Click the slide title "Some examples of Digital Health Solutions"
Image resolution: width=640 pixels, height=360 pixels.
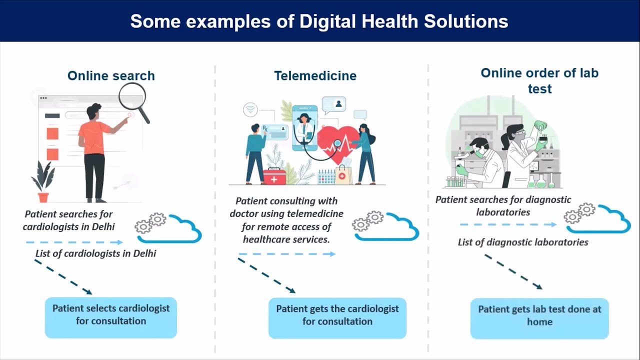click(319, 21)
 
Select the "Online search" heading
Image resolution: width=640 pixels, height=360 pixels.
click(111, 76)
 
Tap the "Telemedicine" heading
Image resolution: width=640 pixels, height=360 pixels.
click(315, 76)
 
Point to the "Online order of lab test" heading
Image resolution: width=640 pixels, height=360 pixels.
click(539, 80)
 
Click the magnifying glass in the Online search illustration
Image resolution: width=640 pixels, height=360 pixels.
click(133, 97)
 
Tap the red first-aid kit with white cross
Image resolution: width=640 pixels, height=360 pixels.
click(274, 176)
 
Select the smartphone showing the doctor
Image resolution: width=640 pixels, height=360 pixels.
click(304, 127)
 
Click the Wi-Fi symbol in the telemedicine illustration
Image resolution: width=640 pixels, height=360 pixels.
click(250, 109)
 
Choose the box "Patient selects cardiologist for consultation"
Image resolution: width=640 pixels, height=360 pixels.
click(111, 317)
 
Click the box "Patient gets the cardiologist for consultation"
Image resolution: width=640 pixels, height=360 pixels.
click(337, 317)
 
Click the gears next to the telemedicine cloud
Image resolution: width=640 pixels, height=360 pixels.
click(367, 221)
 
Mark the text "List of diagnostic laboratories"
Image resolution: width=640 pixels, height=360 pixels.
click(523, 242)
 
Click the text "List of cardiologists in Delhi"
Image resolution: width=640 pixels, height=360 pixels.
click(95, 253)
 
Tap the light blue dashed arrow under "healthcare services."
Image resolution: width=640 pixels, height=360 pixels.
click(286, 254)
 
